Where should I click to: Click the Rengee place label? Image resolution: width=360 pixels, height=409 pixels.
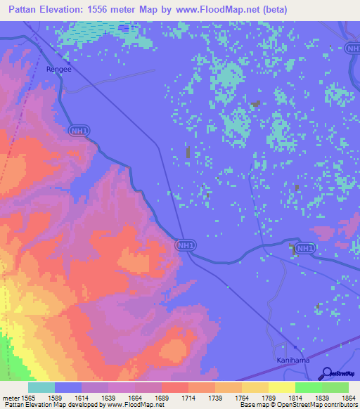coord(58,69)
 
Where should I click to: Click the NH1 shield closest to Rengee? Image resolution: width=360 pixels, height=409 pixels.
coord(79,131)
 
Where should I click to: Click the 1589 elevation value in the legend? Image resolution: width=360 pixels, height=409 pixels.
coord(68,398)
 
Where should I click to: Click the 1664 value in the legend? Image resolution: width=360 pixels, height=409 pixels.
coord(148,398)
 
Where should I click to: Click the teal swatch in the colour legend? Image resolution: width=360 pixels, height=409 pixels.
coord(41,387)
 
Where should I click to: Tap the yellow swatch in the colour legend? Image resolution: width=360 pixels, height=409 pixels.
coord(281,387)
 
